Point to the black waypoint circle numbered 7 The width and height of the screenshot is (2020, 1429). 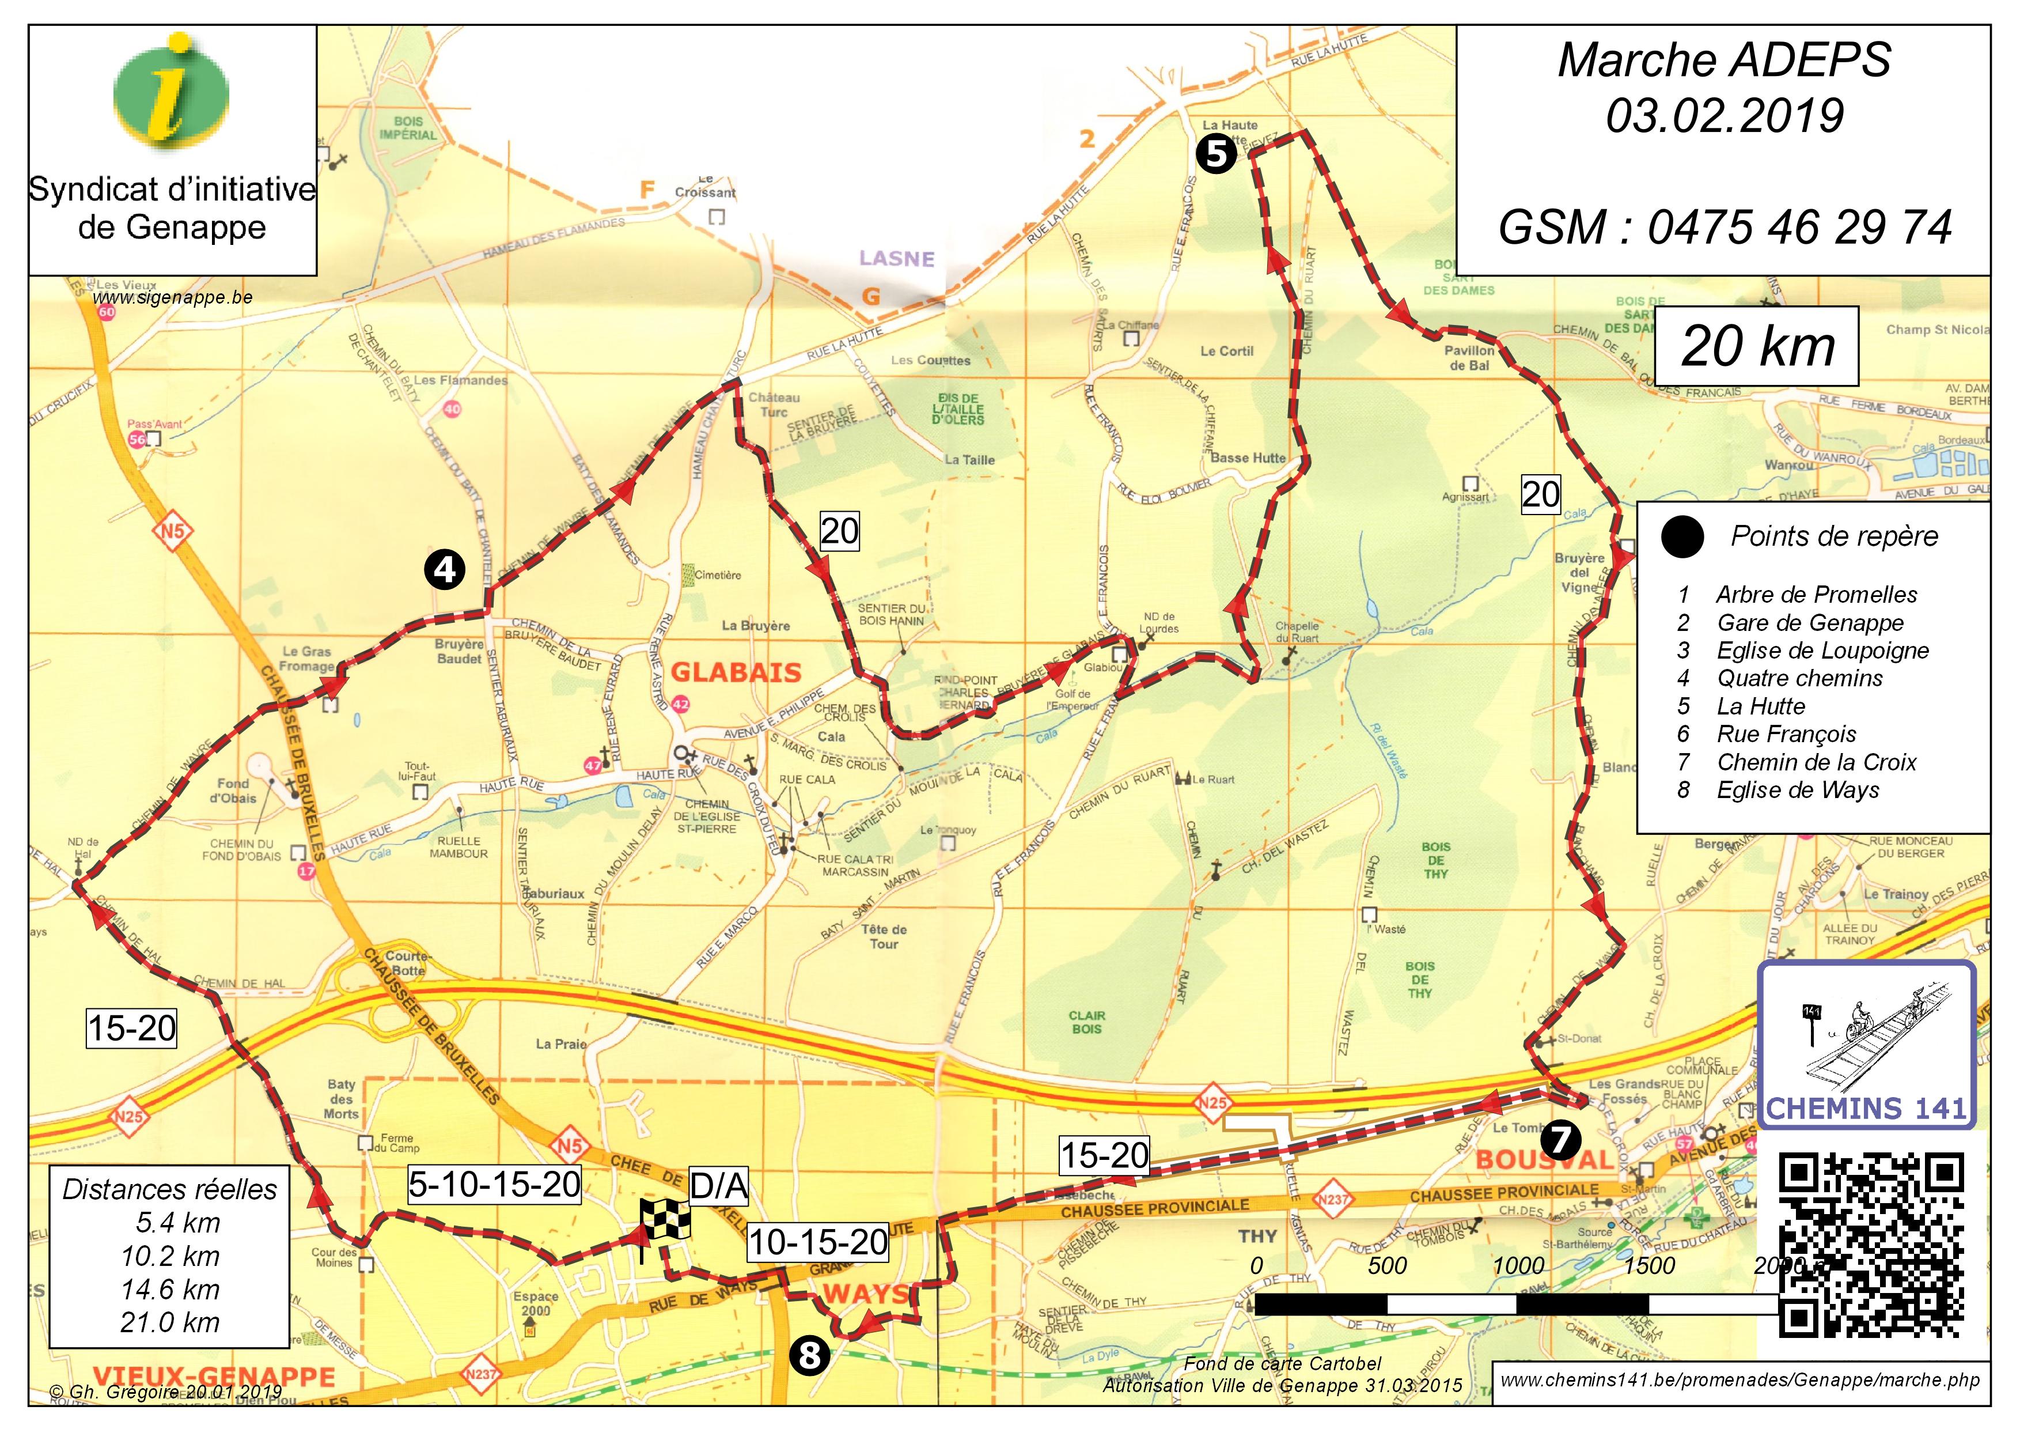1560,1140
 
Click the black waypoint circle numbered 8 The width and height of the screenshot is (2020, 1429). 809,1355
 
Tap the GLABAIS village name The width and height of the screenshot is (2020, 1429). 736,673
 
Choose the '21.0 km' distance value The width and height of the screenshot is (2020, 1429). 170,1322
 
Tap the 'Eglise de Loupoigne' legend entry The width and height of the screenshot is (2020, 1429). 1822,651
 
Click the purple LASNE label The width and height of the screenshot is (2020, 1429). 896,259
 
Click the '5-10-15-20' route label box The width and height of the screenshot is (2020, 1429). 494,1184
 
